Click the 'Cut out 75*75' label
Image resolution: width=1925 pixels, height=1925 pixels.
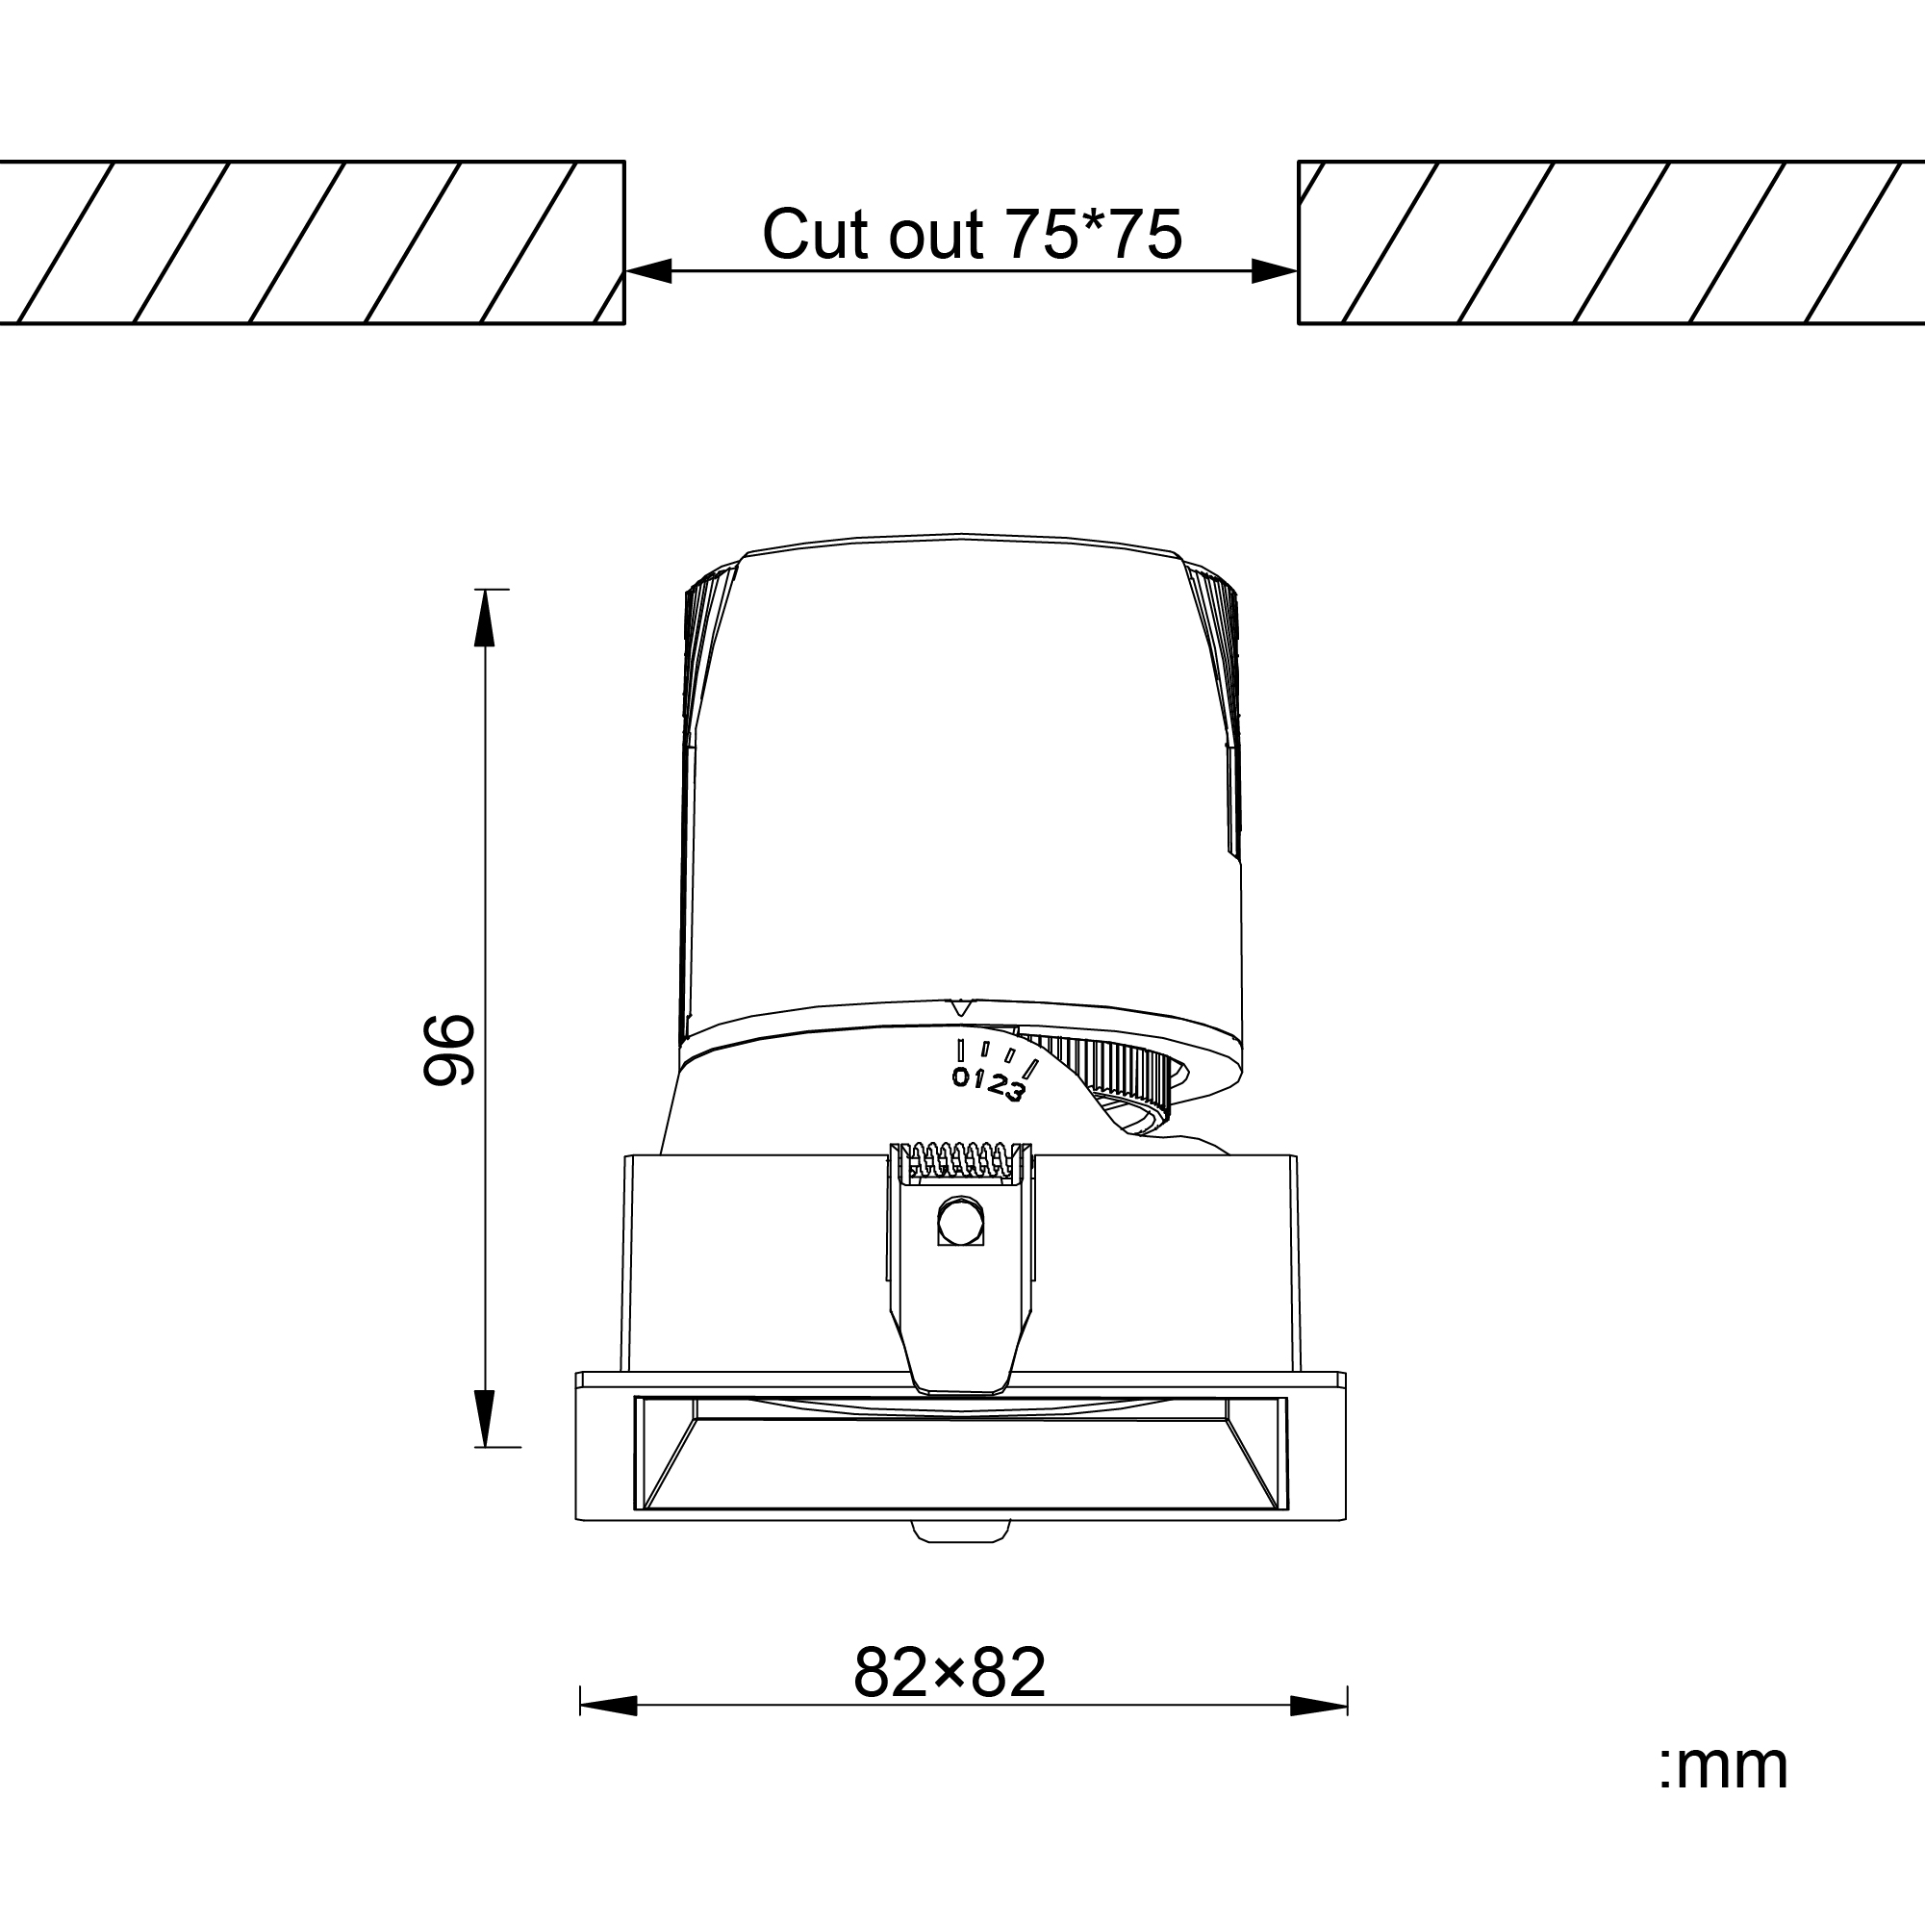[x=972, y=235]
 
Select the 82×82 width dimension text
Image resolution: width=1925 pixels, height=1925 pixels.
[x=950, y=1673]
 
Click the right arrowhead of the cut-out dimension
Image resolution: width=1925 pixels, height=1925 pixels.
[x=1275, y=271]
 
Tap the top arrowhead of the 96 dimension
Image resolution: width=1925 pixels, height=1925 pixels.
[x=484, y=617]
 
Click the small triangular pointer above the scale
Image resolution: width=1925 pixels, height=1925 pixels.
[x=959, y=1007]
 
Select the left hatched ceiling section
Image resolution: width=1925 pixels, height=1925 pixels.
[x=309, y=242]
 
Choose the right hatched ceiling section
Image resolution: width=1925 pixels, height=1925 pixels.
[x=1609, y=242]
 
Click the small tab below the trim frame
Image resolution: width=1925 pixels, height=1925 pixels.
[x=961, y=1532]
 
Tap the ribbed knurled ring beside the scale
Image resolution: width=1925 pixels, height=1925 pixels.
[x=1106, y=1071]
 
